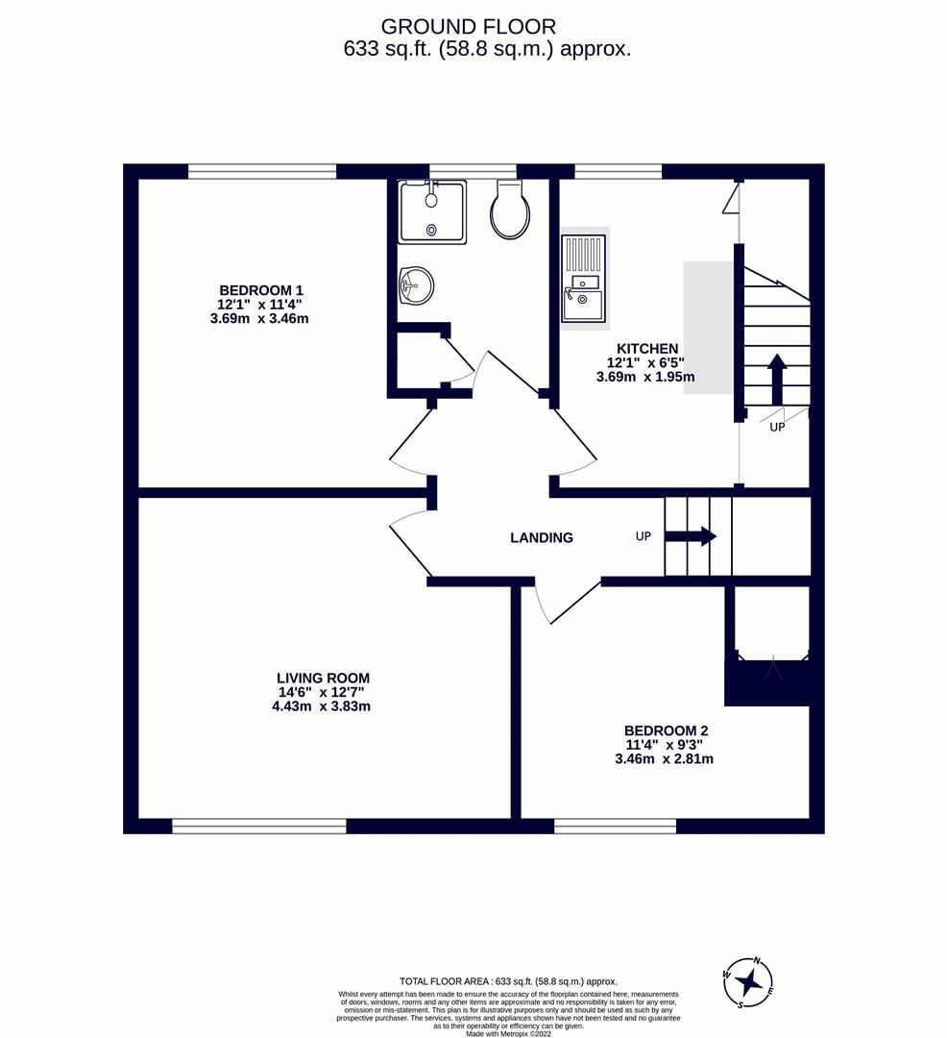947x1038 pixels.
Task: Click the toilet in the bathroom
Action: (x=509, y=210)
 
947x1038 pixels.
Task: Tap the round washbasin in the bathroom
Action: (x=415, y=284)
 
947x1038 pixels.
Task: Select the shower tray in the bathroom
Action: (x=432, y=211)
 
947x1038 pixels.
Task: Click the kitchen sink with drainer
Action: (x=584, y=279)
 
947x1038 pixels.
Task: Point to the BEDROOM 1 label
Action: (x=261, y=290)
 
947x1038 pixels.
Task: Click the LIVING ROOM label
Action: (x=321, y=679)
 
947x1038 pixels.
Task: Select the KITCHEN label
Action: (x=646, y=349)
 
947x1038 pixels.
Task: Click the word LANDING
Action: (x=541, y=538)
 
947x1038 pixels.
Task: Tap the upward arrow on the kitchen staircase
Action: (x=776, y=378)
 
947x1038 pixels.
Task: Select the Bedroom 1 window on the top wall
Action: (x=261, y=172)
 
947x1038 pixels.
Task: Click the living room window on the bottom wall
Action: (x=259, y=826)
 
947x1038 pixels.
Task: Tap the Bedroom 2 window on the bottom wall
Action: (x=615, y=826)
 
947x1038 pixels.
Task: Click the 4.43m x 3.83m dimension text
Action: (x=321, y=706)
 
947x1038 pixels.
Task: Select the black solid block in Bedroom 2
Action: (x=768, y=684)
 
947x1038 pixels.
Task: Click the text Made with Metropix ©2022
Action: (x=508, y=1033)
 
